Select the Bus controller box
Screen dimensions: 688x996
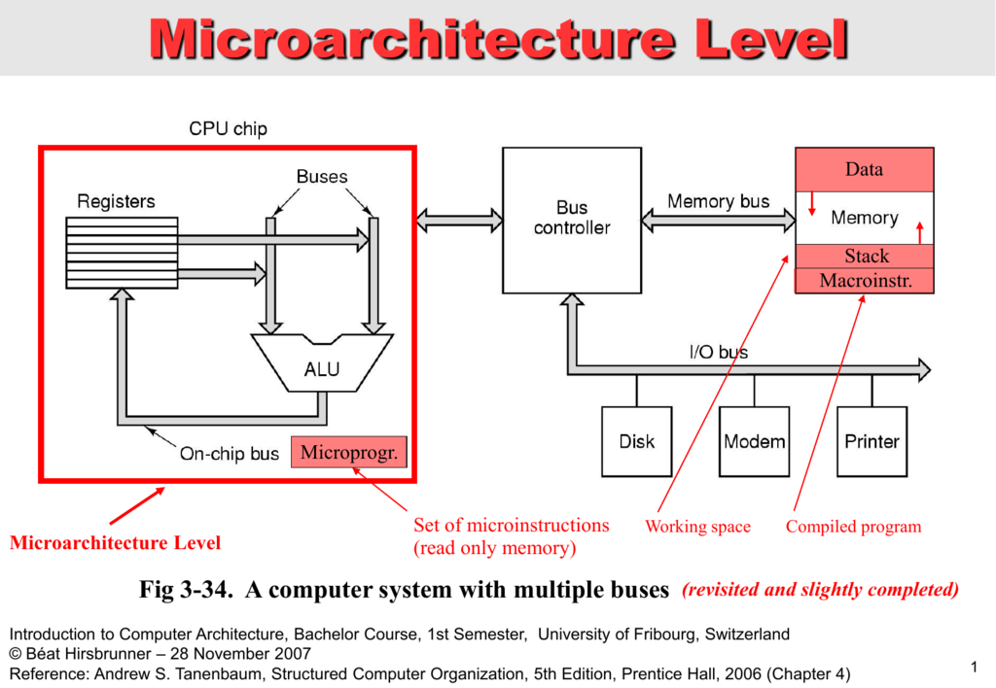coord(571,220)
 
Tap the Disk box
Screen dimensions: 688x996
coord(636,441)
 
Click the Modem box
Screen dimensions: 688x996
coord(754,441)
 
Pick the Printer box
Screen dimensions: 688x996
coord(871,441)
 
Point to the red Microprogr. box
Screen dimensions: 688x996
coord(348,453)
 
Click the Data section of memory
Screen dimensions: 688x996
coord(864,170)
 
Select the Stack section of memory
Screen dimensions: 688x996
coord(864,257)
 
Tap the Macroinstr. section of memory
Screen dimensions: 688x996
coord(864,281)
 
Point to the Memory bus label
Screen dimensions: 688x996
coord(718,201)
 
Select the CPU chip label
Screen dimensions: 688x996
coord(228,128)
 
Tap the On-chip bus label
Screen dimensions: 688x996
coord(230,454)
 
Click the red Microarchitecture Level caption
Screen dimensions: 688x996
coord(115,543)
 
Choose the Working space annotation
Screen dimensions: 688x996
coord(697,527)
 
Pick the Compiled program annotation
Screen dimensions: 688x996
coord(853,527)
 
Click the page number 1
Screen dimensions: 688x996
coord(973,666)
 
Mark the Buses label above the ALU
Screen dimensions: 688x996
coord(322,177)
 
